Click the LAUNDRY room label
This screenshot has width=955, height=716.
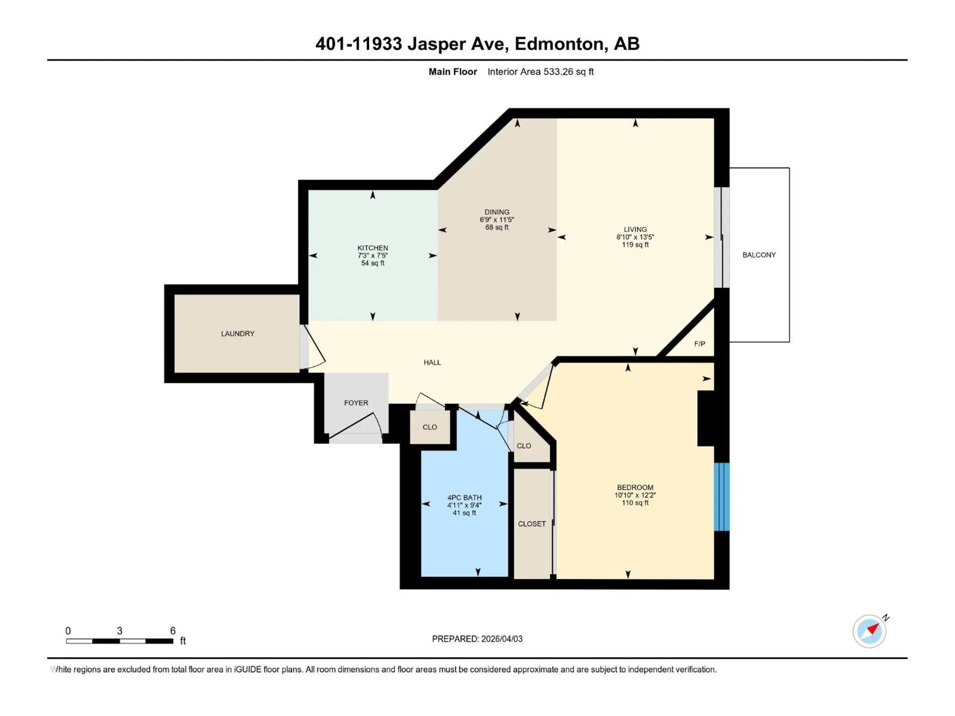[x=237, y=334]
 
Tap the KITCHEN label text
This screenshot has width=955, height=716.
[x=373, y=248]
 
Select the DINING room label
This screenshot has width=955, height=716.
[x=497, y=212]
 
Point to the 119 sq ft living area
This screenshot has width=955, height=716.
[x=635, y=245]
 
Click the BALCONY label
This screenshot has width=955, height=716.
[x=759, y=255]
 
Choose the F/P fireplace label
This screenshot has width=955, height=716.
[x=699, y=344]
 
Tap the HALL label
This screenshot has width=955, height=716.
[x=432, y=362]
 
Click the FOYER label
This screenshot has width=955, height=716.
[x=356, y=403]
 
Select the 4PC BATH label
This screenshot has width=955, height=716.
[x=465, y=497]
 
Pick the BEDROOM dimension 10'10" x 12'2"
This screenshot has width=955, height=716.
[x=635, y=495]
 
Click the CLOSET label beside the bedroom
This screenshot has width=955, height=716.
[x=532, y=524]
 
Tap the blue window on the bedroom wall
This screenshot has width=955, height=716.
[x=722, y=497]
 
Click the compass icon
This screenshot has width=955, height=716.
[x=869, y=631]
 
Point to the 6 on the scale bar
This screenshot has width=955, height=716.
[x=173, y=630]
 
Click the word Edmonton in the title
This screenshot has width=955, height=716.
[x=560, y=44]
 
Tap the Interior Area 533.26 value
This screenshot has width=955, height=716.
[x=559, y=72]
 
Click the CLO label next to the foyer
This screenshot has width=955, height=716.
[x=430, y=427]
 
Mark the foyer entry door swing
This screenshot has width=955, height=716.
[x=357, y=427]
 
